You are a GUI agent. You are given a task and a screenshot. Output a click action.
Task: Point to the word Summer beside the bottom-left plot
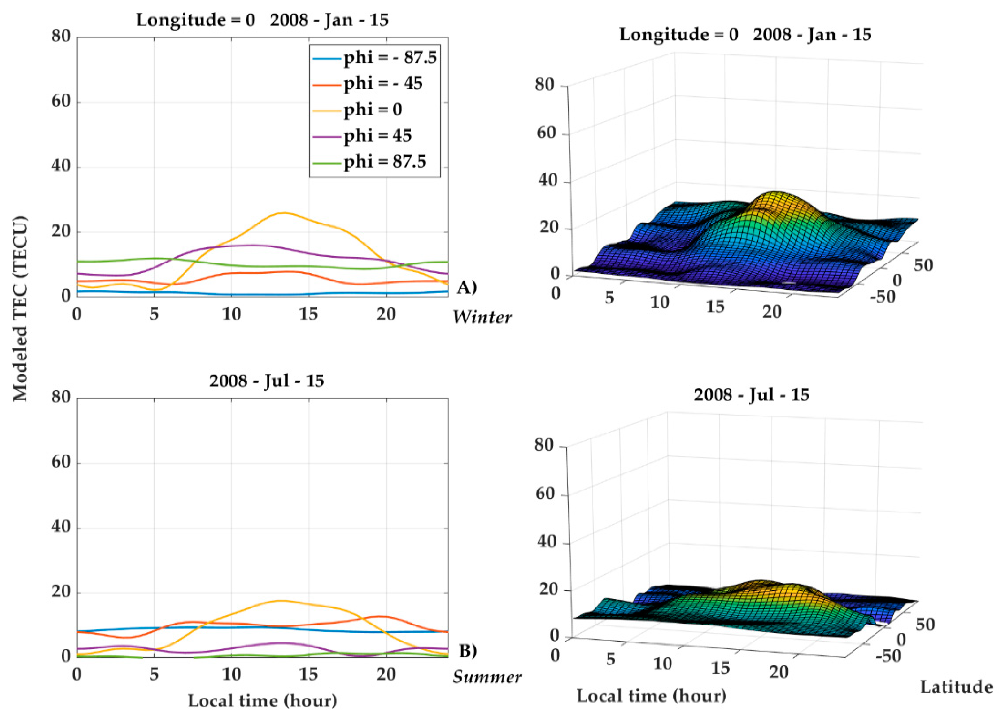487,677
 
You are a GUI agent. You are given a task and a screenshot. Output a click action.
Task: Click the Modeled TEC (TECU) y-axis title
20,309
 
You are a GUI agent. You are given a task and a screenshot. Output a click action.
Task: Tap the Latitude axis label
956,687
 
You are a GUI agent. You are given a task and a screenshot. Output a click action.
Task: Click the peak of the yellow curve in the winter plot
284,213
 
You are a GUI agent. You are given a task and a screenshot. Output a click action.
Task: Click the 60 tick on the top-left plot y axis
61,101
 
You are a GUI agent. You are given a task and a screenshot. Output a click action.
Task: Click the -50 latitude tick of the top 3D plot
883,297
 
